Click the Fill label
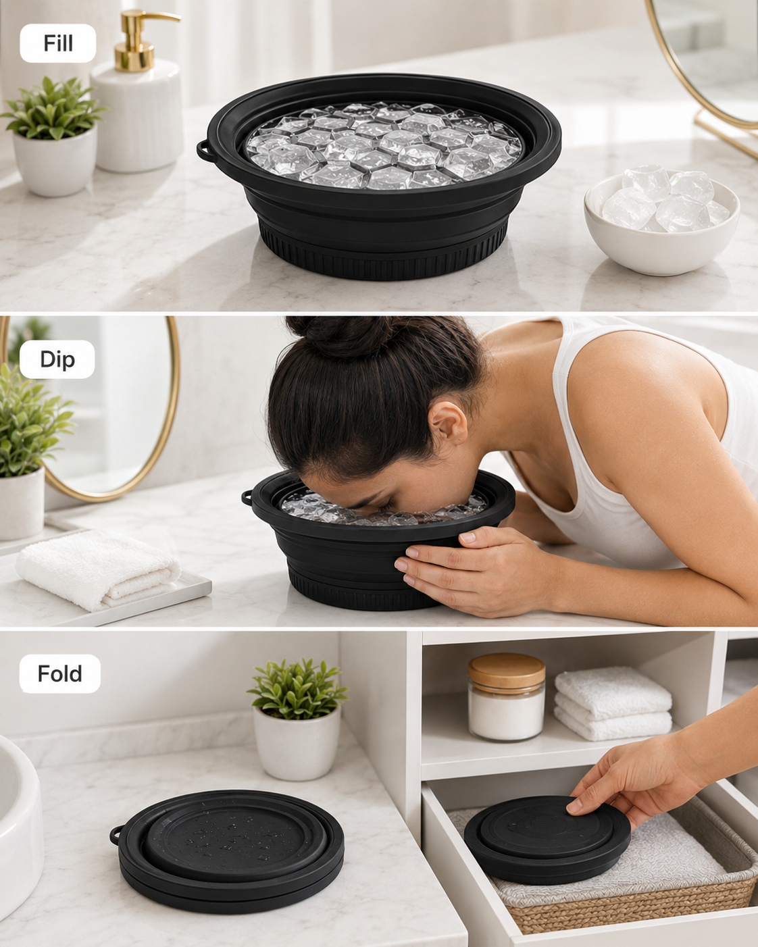click(x=57, y=43)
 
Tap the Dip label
click(x=57, y=359)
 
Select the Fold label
click(x=60, y=673)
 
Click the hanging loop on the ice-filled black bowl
click(x=203, y=151)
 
